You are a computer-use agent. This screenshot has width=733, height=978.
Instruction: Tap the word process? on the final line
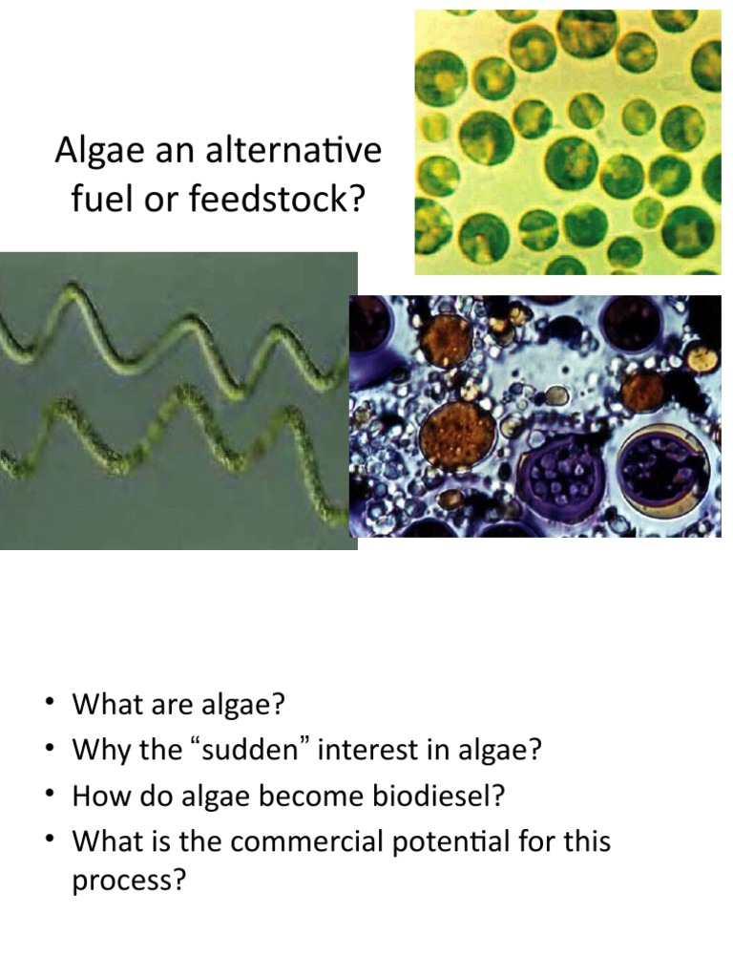(128, 881)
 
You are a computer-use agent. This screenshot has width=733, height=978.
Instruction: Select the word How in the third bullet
(98, 796)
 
